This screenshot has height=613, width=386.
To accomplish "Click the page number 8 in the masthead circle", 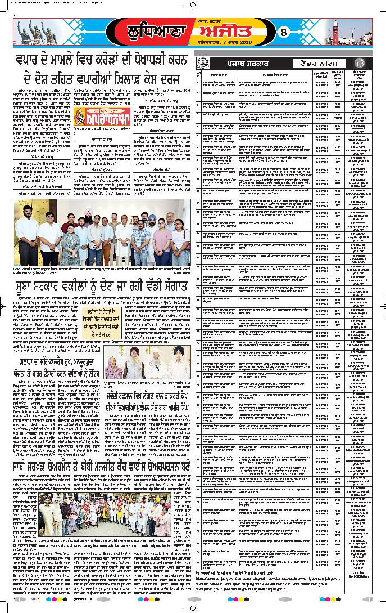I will [283, 33].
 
